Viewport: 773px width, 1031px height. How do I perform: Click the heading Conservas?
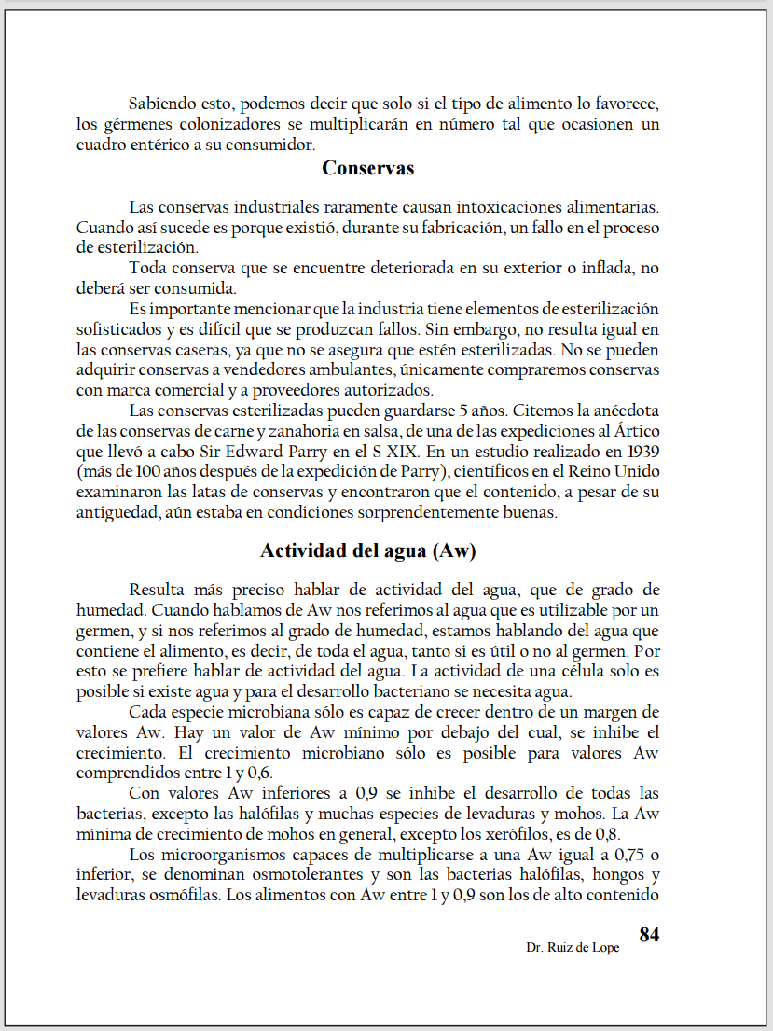367,169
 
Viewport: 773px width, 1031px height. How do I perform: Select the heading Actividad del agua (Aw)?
367,550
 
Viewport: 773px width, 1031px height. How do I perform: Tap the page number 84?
649,935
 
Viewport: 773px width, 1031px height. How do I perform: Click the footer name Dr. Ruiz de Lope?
572,948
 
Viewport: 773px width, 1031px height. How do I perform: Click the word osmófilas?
183,896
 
